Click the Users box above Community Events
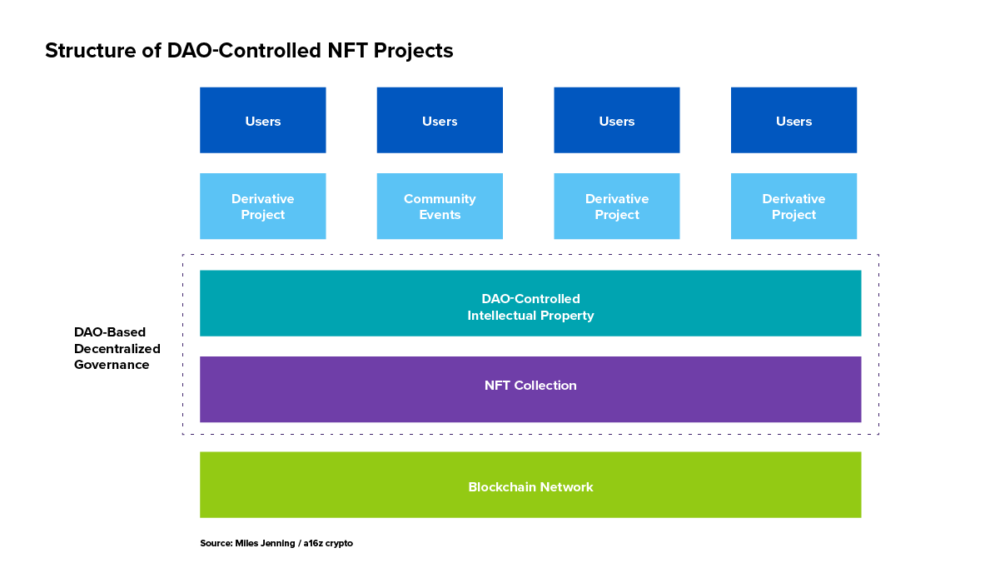pos(440,120)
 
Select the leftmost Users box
pos(263,120)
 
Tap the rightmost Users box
pos(794,120)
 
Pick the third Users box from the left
pos(617,120)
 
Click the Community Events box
pos(440,207)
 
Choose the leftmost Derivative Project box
pos(263,207)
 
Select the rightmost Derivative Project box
pos(794,207)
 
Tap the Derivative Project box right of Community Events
pos(617,207)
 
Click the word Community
pos(440,199)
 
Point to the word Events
pos(440,215)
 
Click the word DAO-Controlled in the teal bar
pos(530,299)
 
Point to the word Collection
pos(545,386)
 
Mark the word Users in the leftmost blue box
pos(263,122)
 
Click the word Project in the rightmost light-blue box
pos(794,215)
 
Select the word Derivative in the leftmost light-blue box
pos(263,199)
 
